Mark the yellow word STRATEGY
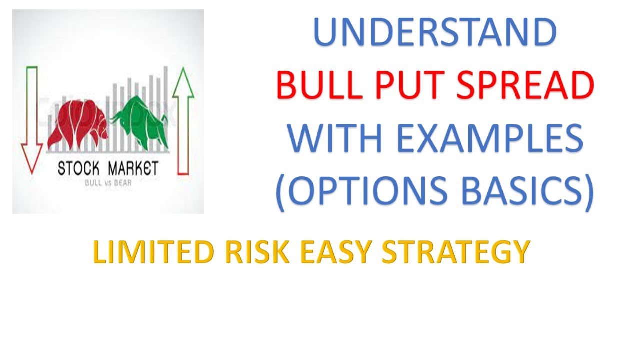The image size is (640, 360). [x=455, y=253]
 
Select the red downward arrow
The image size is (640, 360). [x=31, y=120]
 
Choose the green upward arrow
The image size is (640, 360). [x=183, y=120]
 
